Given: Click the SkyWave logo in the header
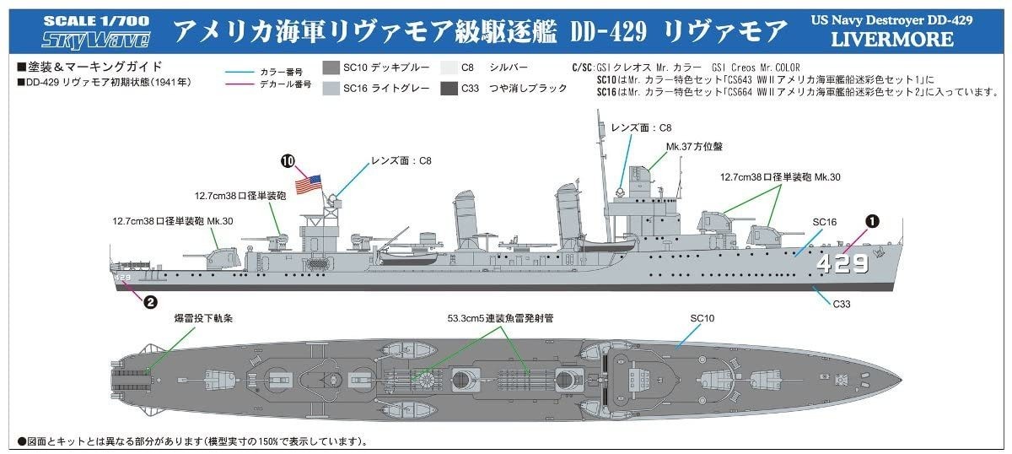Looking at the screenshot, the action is tap(96, 41).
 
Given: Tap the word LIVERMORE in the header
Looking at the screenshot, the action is tap(892, 40).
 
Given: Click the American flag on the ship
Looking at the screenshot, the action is tap(308, 184).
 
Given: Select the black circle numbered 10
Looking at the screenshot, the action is tap(288, 161).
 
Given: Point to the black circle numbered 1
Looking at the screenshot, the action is tap(872, 221).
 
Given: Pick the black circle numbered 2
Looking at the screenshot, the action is tap(150, 301).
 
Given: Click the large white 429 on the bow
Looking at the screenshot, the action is tap(842, 263).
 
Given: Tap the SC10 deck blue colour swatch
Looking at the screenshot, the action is tap(331, 68).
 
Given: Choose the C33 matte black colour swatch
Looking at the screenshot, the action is tap(449, 88).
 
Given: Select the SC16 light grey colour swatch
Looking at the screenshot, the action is tap(331, 88).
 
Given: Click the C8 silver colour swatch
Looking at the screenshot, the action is tap(449, 68).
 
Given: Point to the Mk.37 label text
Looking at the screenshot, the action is tap(694, 147).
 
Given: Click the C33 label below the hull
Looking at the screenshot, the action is tap(842, 304).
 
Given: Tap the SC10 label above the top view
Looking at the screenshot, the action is tap(702, 318).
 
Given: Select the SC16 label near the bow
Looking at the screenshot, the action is tap(825, 222).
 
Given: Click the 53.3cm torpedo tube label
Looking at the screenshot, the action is tap(500, 318).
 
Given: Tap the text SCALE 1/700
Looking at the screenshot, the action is tap(96, 21).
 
